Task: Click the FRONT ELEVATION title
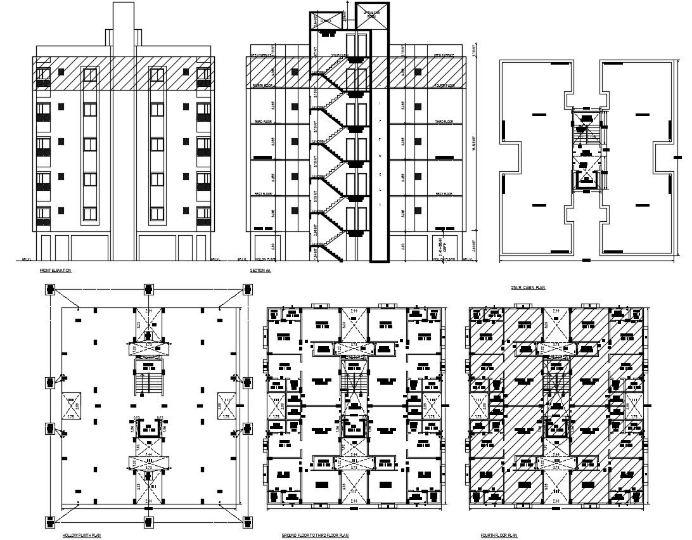(56, 271)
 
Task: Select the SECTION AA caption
(260, 271)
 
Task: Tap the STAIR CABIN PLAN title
(529, 288)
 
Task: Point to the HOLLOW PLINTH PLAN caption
(81, 536)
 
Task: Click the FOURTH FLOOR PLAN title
(499, 536)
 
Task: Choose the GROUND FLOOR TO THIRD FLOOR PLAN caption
(316, 536)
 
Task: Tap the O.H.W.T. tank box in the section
(326, 21)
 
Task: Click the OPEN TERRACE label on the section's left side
(262, 55)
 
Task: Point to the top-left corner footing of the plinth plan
(50, 290)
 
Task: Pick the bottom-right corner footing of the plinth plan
(246, 522)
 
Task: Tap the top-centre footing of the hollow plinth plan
(148, 290)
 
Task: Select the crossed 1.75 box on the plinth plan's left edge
(70, 405)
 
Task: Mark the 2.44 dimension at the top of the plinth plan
(148, 311)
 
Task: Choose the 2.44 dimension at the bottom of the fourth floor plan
(556, 501)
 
